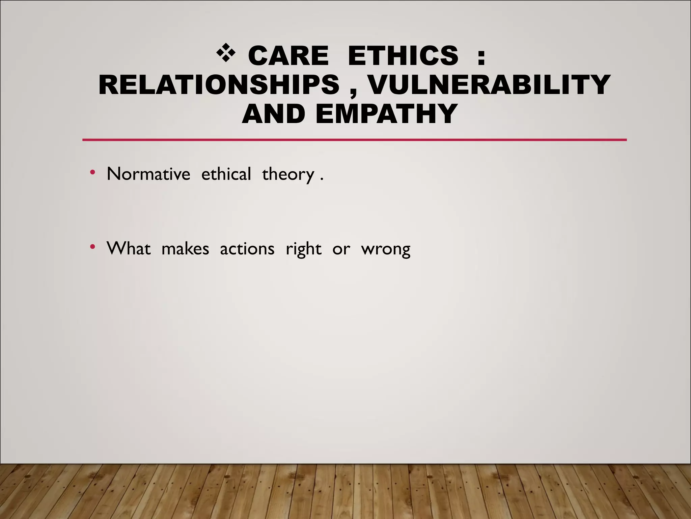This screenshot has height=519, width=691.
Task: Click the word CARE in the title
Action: click(x=288, y=55)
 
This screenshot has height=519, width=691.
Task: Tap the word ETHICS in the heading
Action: click(x=403, y=55)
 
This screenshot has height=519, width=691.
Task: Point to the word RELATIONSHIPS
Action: click(x=219, y=85)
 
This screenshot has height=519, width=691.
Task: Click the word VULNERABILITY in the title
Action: click(x=489, y=85)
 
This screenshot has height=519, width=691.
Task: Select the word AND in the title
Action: click(x=273, y=114)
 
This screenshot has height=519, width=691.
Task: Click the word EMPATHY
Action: click(x=387, y=114)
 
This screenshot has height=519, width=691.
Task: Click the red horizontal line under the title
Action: click(x=354, y=140)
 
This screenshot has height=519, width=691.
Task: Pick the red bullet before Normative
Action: click(x=92, y=173)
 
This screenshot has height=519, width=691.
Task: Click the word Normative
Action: click(x=148, y=174)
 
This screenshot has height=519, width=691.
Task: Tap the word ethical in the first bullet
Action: click(x=226, y=174)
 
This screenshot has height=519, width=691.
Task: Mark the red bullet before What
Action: click(x=92, y=247)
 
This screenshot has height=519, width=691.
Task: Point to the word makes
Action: click(x=185, y=249)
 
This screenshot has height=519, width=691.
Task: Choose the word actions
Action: click(x=247, y=249)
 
